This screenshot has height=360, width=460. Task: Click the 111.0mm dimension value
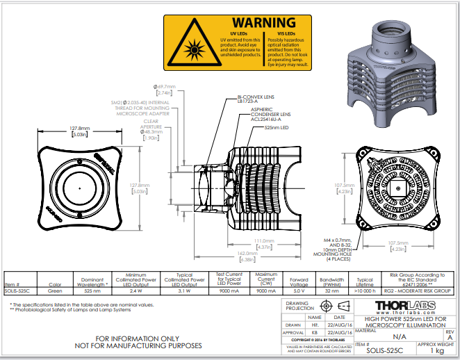coord(265,240)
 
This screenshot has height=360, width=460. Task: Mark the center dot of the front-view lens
coord(81,188)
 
